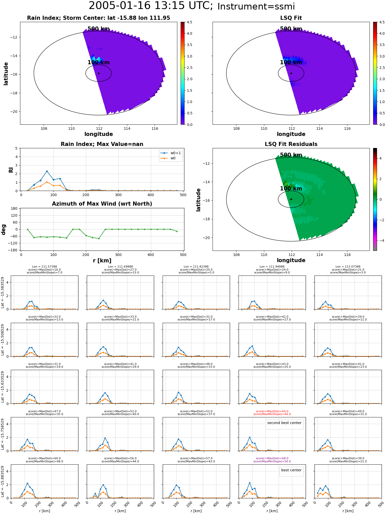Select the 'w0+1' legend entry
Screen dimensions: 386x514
[171, 153]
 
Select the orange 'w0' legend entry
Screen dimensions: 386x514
[169, 158]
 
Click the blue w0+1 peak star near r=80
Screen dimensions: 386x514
[47, 171]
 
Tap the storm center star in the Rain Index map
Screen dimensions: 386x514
[99, 73]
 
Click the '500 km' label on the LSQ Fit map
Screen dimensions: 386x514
[291, 29]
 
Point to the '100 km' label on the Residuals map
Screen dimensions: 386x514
[291, 188]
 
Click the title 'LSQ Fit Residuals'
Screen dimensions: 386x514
[291, 144]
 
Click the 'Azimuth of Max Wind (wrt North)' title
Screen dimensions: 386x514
[102, 204]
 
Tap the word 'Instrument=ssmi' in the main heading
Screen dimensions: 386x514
[256, 6]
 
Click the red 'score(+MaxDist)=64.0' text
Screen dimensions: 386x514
[272, 411]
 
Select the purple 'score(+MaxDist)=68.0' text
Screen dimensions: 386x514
[272, 458]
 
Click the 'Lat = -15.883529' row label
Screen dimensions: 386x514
[3, 481]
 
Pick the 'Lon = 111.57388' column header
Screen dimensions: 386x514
[45, 267]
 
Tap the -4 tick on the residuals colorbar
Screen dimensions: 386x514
[380, 241]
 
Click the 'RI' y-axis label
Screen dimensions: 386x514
[11, 170]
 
